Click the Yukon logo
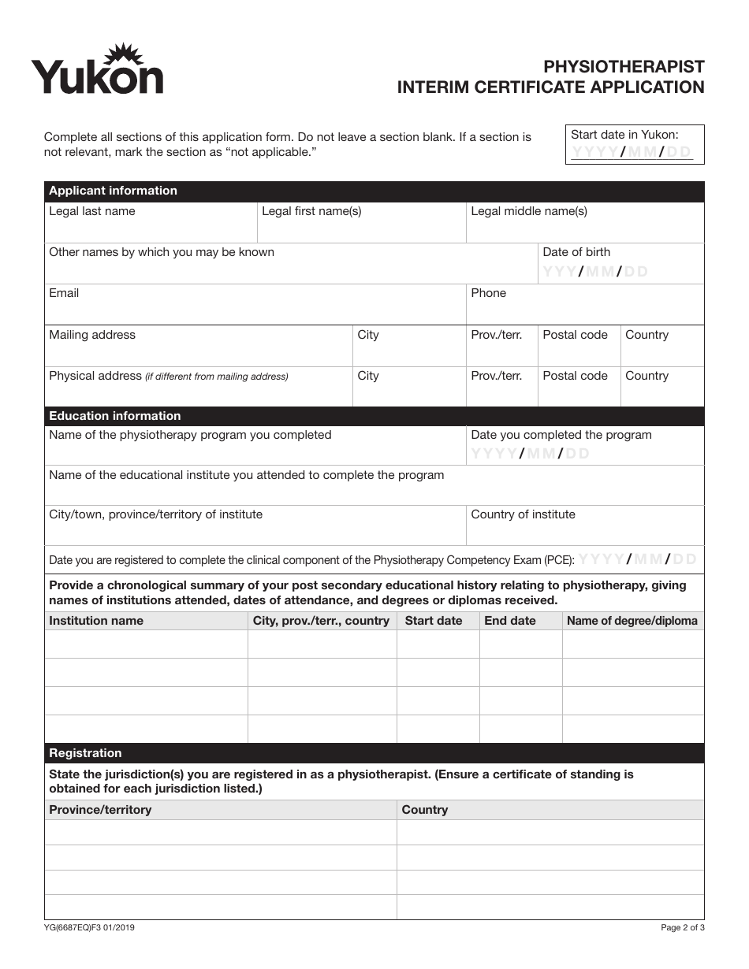pos(97,71)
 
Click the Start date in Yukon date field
pos(632,152)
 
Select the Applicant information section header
pos(114,191)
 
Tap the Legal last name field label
pos(92,211)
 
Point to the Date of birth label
pos(576,252)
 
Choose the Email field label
pos(64,293)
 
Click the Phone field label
pos(489,293)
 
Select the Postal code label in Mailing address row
pos(575,335)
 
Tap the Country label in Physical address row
pos(647,376)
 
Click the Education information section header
pos(115,416)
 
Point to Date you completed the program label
pos(561,435)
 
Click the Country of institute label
pos(523,514)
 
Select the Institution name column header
pos(96,621)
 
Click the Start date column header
pos(434,621)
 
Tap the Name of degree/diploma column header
pos(632,621)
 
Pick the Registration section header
pos(86,753)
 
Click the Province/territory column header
pos(100,810)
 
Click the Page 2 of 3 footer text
pos(683,928)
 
